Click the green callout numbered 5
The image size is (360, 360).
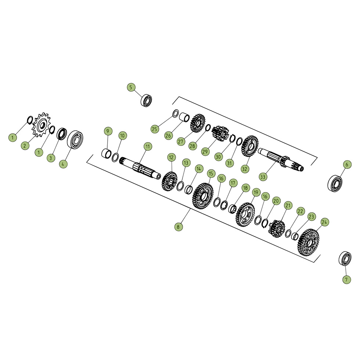[131, 87]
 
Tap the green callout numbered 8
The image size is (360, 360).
[179, 227]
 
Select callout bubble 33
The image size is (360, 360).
[263, 177]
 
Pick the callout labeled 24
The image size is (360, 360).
[324, 222]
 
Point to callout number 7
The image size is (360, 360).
[347, 280]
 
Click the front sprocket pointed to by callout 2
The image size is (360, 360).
[41, 125]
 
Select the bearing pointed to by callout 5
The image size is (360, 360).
[146, 100]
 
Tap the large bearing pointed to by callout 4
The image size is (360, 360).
[75, 140]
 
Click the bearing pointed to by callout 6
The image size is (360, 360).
[335, 183]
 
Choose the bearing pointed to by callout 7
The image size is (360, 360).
[345, 259]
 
